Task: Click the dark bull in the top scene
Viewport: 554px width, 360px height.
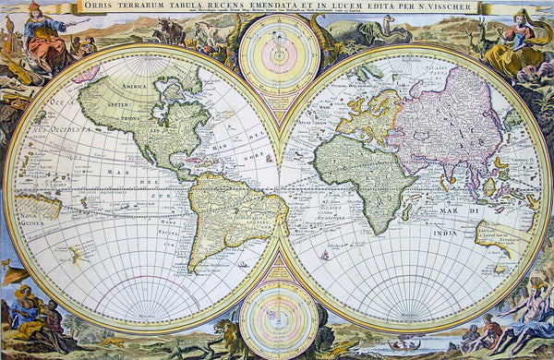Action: [x=172, y=31]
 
